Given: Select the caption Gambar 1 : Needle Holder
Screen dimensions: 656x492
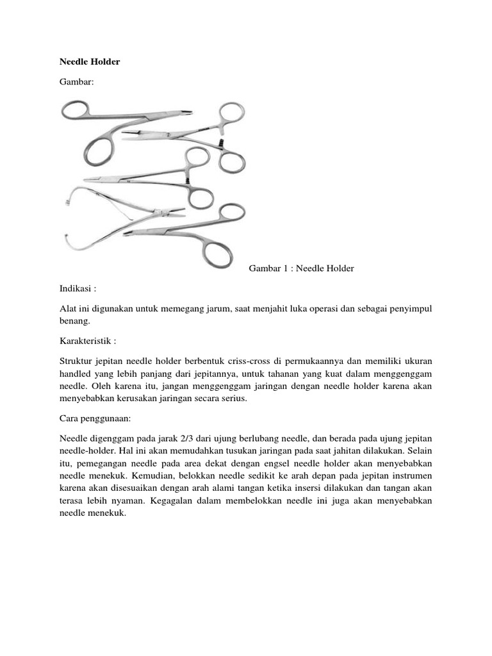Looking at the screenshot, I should point(301,268).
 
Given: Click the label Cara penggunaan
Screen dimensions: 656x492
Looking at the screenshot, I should point(94,418).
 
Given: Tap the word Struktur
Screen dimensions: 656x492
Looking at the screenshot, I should point(76,362).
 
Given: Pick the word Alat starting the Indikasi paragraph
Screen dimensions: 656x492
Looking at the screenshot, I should point(68,309).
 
